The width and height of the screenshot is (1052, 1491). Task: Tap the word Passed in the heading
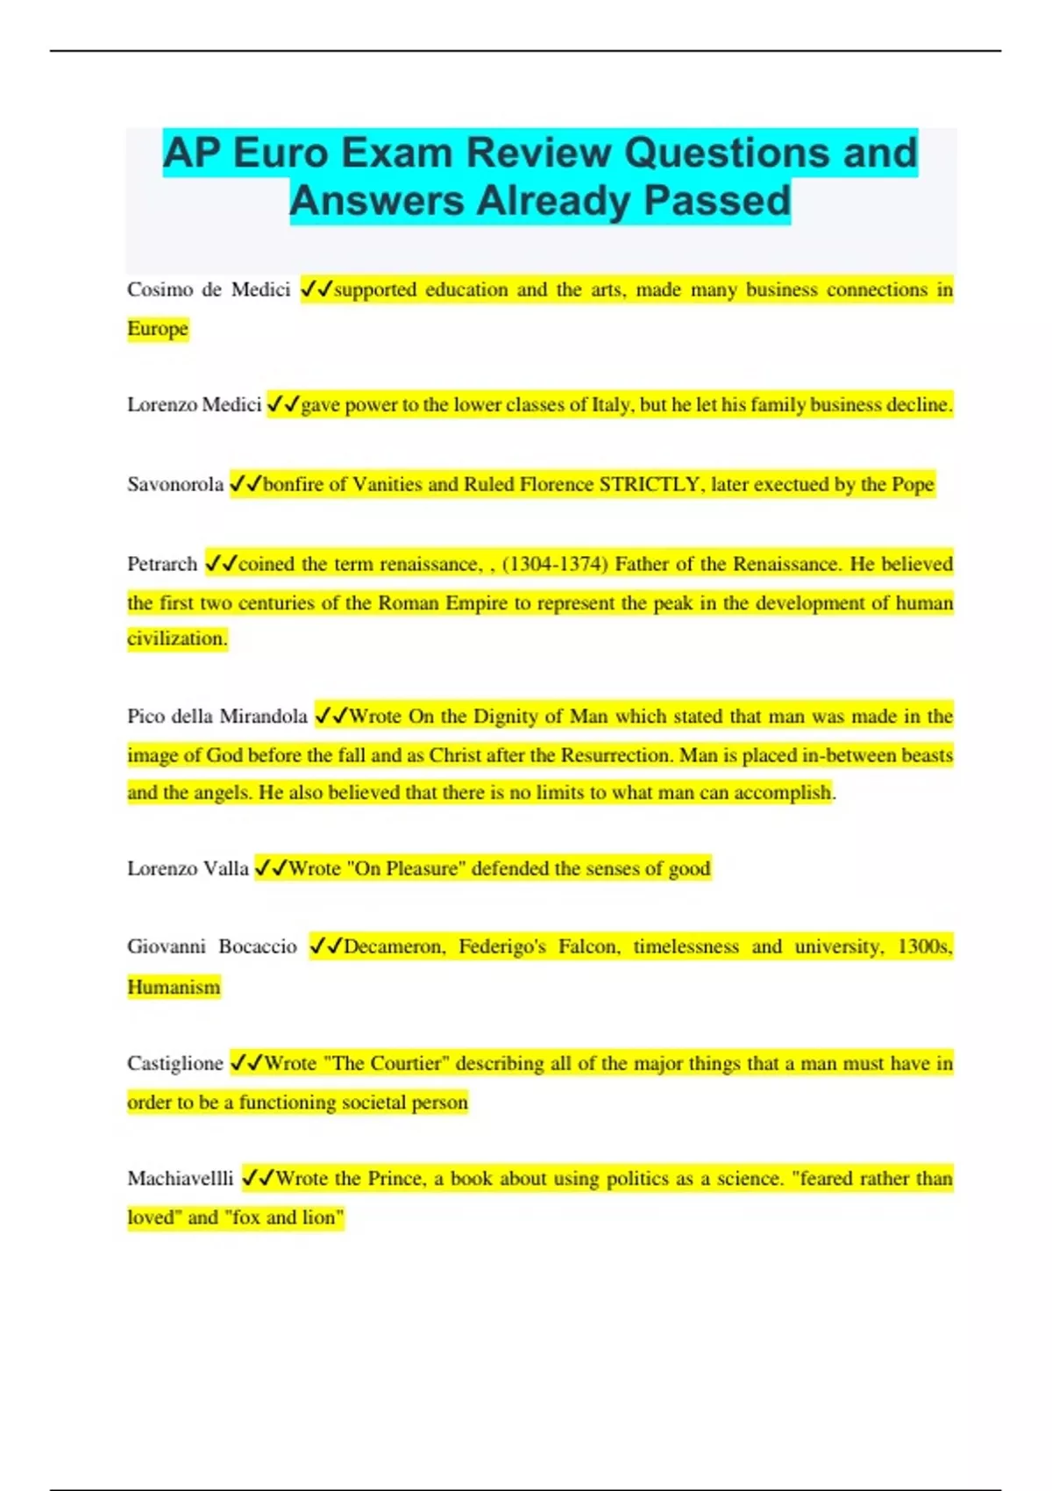[717, 201]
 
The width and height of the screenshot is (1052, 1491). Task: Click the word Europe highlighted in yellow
[158, 329]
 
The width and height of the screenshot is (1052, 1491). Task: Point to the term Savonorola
[175, 484]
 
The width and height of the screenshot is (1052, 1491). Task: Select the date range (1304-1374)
[554, 564]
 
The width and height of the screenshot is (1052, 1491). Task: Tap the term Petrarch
[162, 564]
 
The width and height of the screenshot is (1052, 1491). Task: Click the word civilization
[176, 638]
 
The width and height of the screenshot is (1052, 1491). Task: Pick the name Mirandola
[263, 717]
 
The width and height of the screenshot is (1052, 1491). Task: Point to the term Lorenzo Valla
[188, 868]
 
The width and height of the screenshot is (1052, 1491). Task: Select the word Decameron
[394, 946]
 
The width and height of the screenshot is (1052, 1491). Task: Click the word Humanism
[174, 987]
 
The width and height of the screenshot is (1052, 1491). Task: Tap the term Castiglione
[175, 1063]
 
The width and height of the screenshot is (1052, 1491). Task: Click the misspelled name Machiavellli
[181, 1178]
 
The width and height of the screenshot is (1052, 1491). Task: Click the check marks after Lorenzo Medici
[283, 404]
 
